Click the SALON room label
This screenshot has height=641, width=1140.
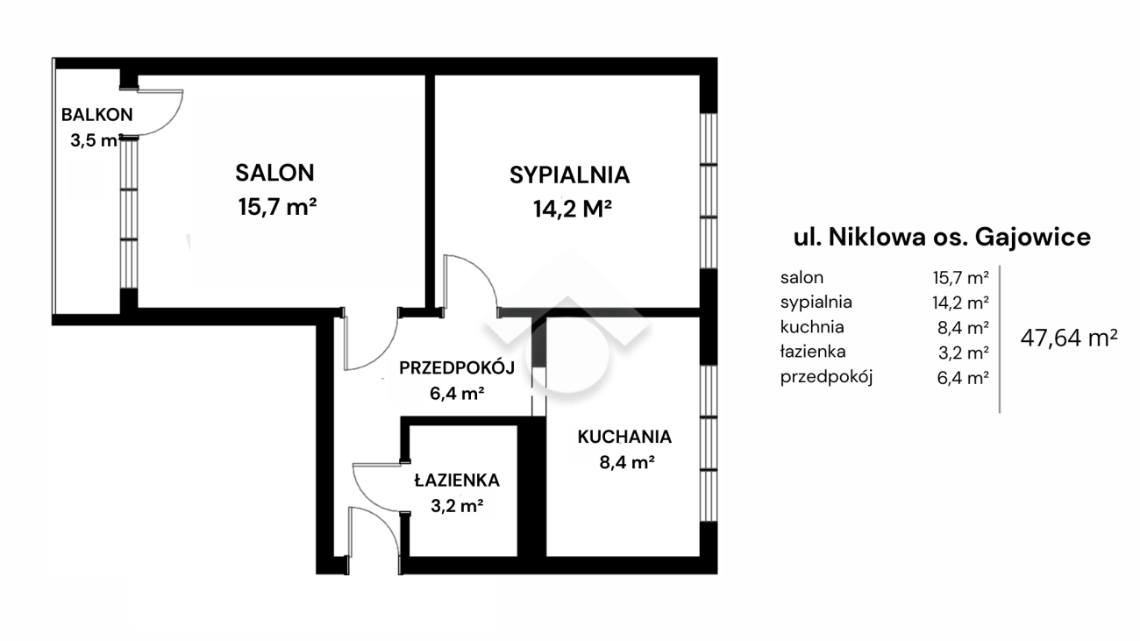(274, 173)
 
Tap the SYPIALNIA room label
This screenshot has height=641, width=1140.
(569, 175)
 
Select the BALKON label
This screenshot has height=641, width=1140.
(96, 115)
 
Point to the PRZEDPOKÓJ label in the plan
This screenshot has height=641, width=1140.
(457, 367)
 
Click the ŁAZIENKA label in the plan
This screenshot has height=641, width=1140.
(457, 480)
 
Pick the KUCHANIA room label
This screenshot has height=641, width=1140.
(624, 437)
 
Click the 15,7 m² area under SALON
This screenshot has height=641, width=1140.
(277, 207)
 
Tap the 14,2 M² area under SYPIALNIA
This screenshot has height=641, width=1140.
(572, 209)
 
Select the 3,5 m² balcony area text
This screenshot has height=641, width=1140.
(96, 140)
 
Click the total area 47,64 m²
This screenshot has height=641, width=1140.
(1069, 338)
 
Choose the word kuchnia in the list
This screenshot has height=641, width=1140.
(812, 326)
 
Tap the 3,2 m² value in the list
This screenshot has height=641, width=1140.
(964, 353)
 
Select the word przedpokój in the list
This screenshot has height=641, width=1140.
(826, 377)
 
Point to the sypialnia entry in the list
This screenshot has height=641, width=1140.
(816, 303)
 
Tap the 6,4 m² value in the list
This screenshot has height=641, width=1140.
(963, 378)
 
